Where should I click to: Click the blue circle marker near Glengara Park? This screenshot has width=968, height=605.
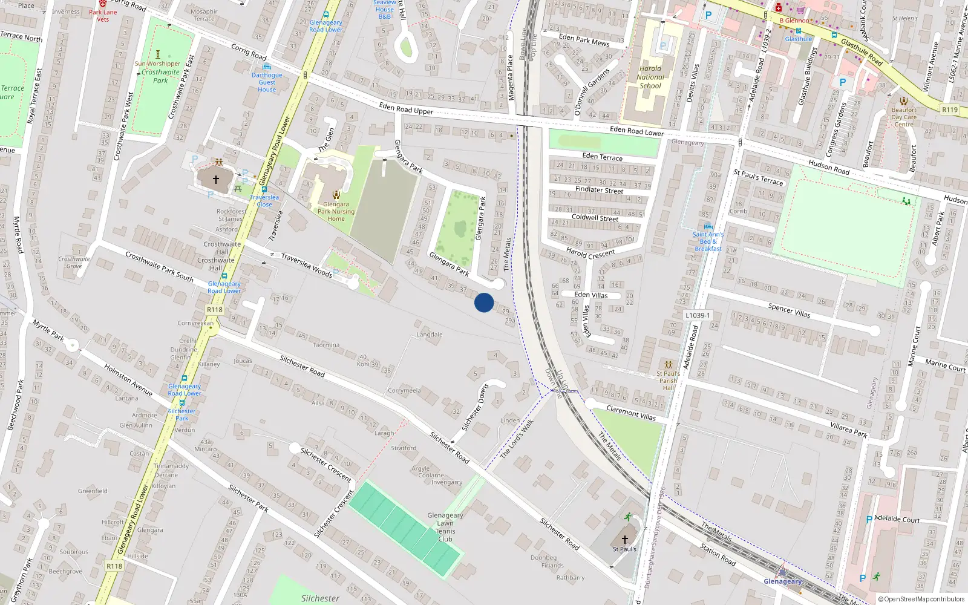(x=484, y=302)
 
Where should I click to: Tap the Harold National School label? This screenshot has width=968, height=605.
(x=650, y=77)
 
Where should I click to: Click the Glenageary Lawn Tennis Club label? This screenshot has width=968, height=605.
(x=445, y=527)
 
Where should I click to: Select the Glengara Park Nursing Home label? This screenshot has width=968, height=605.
(x=336, y=211)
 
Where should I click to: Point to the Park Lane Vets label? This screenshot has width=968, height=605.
(x=103, y=16)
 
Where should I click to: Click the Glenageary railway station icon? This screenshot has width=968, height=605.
(x=782, y=571)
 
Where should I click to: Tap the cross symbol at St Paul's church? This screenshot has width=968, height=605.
(x=625, y=540)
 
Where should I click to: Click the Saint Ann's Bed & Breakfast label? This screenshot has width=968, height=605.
(x=708, y=241)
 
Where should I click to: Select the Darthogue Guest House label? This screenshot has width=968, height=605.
(x=267, y=82)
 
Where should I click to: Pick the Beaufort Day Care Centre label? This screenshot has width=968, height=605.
(x=904, y=117)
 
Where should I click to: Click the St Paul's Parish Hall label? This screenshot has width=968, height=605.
(x=669, y=381)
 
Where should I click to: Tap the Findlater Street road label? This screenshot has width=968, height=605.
(x=599, y=190)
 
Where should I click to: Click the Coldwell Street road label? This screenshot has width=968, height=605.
(x=595, y=217)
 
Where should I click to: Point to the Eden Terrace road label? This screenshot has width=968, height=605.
(x=602, y=157)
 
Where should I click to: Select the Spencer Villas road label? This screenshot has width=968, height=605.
(x=789, y=310)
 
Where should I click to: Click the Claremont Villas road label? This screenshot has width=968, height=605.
(x=631, y=413)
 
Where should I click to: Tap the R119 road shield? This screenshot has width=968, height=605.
(x=950, y=110)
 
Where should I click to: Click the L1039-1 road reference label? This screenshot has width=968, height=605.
(x=698, y=315)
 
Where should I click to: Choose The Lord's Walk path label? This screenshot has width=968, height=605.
(x=517, y=439)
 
